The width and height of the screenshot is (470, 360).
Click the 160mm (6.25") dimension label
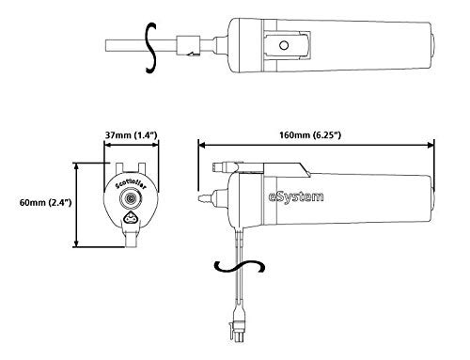(310, 135)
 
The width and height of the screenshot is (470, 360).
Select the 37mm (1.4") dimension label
(131, 135)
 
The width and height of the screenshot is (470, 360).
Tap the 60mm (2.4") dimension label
(46, 202)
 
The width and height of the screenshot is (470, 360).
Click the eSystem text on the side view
(296, 197)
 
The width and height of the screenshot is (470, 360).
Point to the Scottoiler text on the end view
(131, 185)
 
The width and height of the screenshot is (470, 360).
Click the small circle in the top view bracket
(284, 45)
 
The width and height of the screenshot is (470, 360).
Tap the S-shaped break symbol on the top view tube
(151, 48)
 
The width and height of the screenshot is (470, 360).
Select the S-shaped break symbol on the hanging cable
(240, 266)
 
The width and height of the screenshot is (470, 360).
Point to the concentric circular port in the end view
(131, 198)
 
